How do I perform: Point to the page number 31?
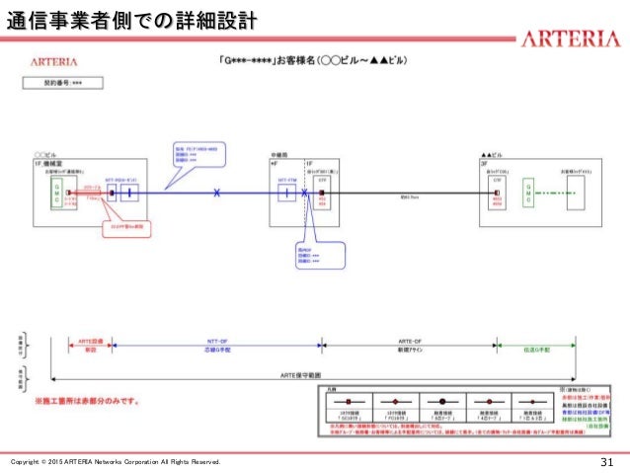click(x=607, y=462)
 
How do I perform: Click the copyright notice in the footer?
click(x=116, y=462)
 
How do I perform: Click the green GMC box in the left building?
click(x=57, y=193)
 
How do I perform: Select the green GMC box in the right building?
click(x=529, y=193)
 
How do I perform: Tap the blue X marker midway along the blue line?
click(x=217, y=193)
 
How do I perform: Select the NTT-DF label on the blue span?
click(x=216, y=339)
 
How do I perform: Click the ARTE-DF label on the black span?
click(x=409, y=339)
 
